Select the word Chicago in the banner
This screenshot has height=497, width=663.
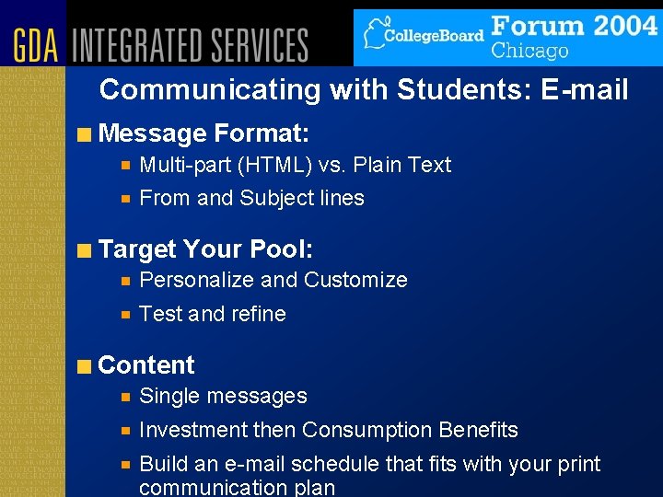click(x=529, y=50)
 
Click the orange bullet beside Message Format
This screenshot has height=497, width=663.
click(x=85, y=134)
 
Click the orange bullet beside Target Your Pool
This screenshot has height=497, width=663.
click(x=85, y=249)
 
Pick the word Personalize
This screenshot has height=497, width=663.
click(x=196, y=281)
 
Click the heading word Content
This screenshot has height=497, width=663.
click(x=145, y=365)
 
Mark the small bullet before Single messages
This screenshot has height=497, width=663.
click(x=126, y=397)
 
